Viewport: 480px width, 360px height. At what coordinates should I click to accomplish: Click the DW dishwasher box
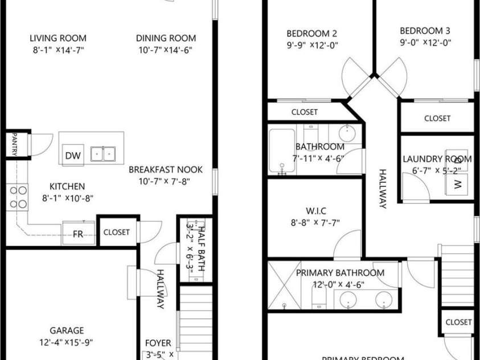(x=72, y=156)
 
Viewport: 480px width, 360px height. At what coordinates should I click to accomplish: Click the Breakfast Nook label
(x=165, y=170)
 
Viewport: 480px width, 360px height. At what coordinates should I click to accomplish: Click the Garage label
(x=67, y=330)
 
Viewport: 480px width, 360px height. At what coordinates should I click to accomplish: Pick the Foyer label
(x=158, y=343)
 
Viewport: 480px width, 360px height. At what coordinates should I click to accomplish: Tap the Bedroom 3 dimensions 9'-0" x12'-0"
(x=425, y=42)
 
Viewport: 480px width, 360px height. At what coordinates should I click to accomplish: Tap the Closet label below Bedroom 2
(x=304, y=112)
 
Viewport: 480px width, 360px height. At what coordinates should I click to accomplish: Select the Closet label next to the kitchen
(x=116, y=232)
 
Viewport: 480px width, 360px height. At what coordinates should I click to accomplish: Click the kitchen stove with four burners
(x=17, y=197)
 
